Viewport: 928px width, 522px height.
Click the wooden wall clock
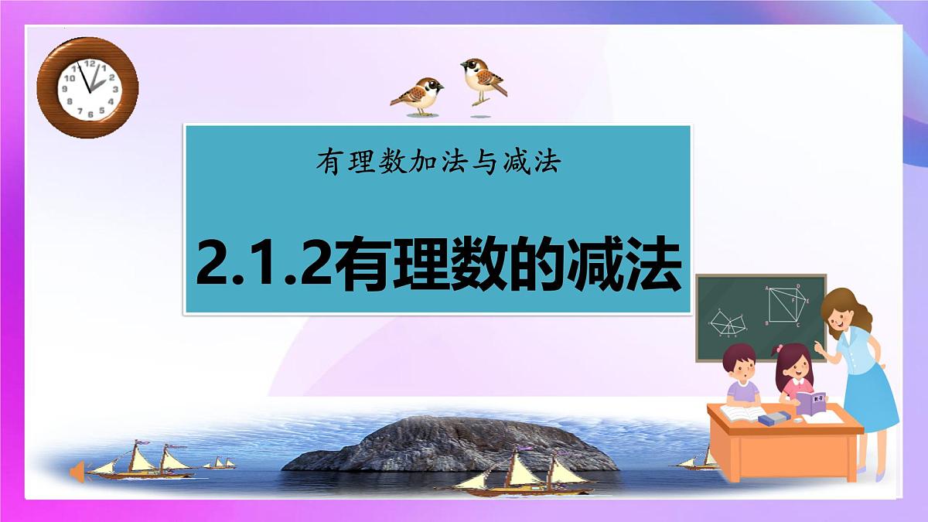tap(87, 87)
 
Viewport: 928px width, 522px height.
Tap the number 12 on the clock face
tap(90, 63)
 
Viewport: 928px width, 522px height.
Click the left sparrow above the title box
tap(418, 96)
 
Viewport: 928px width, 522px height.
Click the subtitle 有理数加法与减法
tap(437, 163)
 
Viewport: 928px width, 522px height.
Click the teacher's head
tap(842, 309)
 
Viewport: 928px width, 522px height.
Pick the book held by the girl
tap(811, 403)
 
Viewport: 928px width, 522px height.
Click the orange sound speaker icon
tap(77, 471)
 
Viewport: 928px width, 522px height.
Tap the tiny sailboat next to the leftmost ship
tap(220, 464)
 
